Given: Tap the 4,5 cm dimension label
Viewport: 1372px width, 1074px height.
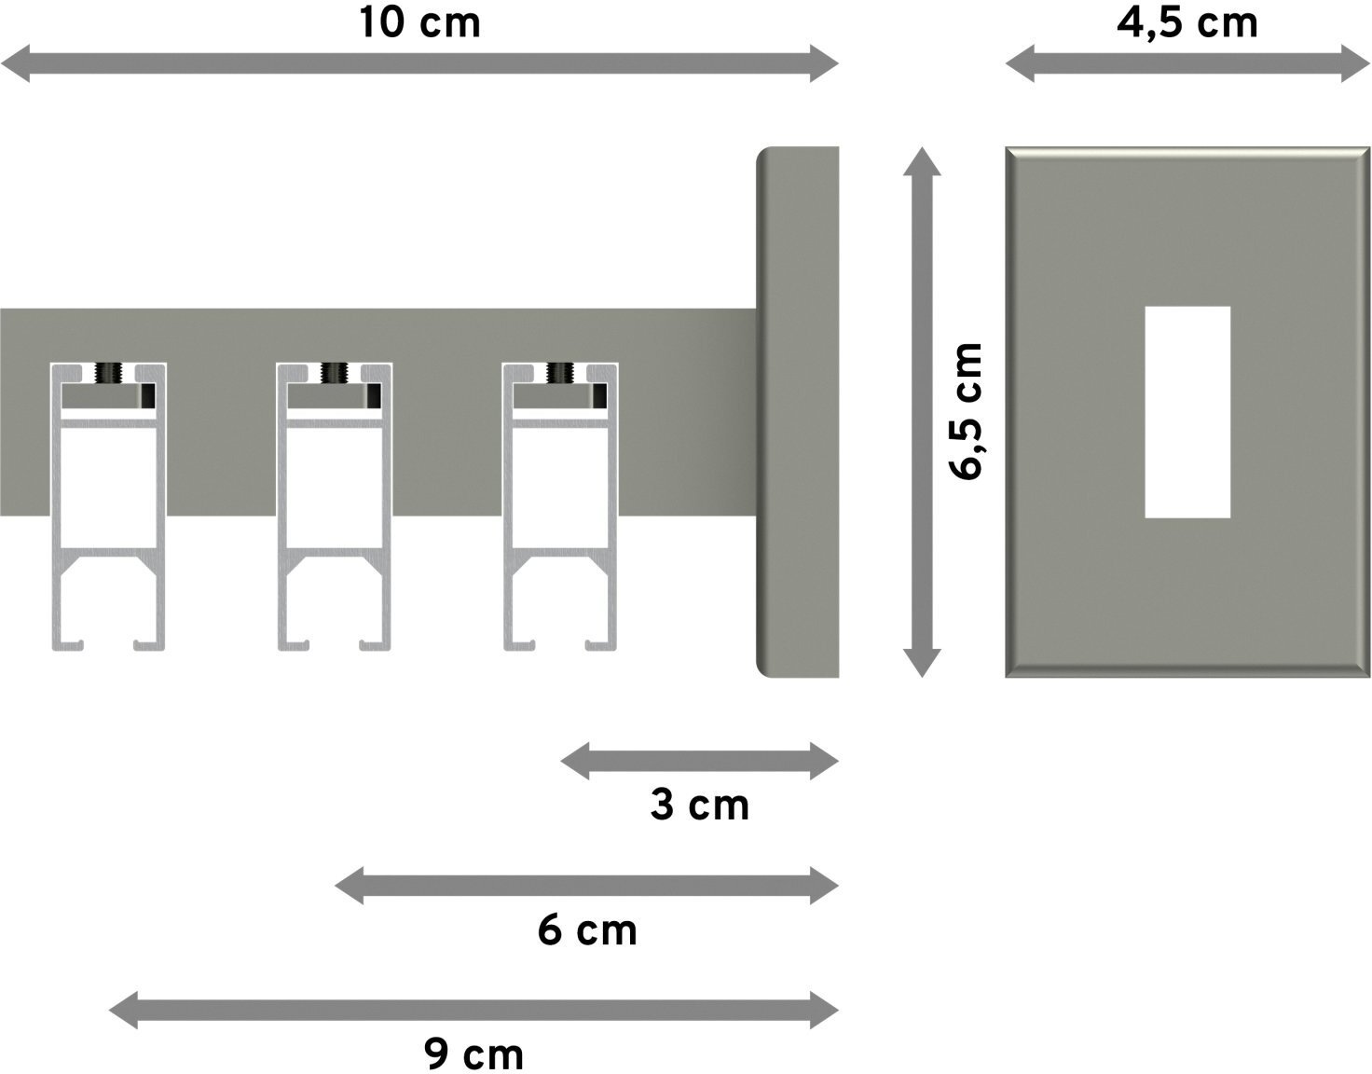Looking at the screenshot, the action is pyautogui.click(x=1187, y=24).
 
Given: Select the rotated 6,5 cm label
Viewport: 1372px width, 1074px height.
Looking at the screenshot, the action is pyautogui.click(x=966, y=412).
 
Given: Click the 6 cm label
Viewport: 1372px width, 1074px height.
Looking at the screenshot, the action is pyautogui.click(x=587, y=930).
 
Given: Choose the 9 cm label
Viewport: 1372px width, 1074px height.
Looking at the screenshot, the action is pyautogui.click(x=474, y=1053).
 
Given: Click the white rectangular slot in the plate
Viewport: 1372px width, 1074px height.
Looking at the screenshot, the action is pyautogui.click(x=1187, y=412).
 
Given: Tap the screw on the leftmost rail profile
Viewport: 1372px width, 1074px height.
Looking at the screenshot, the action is pyautogui.click(x=108, y=373).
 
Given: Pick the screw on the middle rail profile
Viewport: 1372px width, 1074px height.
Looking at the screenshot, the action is pyautogui.click(x=334, y=373).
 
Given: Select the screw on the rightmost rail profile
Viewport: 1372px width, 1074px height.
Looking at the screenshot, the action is pyautogui.click(x=560, y=373).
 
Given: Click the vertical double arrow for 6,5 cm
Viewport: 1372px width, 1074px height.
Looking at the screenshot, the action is pyautogui.click(x=922, y=412).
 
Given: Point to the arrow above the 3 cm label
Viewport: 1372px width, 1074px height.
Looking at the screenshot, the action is pyautogui.click(x=700, y=762).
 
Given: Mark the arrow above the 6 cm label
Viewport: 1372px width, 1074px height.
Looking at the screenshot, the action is pyautogui.click(x=586, y=886).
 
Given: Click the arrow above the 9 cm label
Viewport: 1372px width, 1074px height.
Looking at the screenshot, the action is pyautogui.click(x=473, y=1011).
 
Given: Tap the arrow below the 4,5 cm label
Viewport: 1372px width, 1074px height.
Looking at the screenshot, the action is pyautogui.click(x=1187, y=63).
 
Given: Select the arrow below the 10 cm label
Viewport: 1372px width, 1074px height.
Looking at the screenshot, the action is pyautogui.click(x=419, y=63).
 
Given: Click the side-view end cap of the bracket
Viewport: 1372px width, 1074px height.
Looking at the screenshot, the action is pyautogui.click(x=798, y=412).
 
